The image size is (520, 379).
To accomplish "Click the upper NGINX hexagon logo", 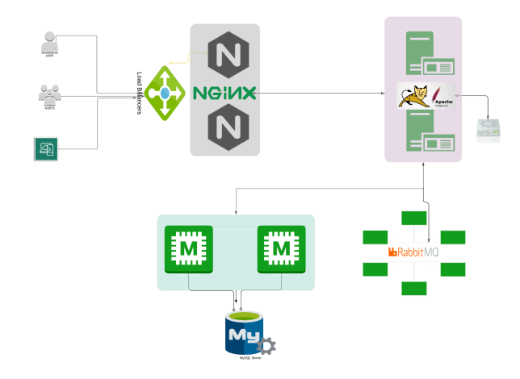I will [x=224, y=55].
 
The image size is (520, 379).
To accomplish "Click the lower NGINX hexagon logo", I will [x=224, y=127].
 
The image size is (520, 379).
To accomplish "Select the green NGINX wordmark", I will [x=224, y=93].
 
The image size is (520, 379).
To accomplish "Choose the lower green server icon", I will [x=423, y=134].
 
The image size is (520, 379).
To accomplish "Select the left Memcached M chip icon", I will [x=187, y=249].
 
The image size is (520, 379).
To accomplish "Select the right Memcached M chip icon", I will [x=279, y=249].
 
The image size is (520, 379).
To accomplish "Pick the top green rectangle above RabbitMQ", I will [x=414, y=218].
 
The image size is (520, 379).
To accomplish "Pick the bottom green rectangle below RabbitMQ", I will [x=414, y=289].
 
